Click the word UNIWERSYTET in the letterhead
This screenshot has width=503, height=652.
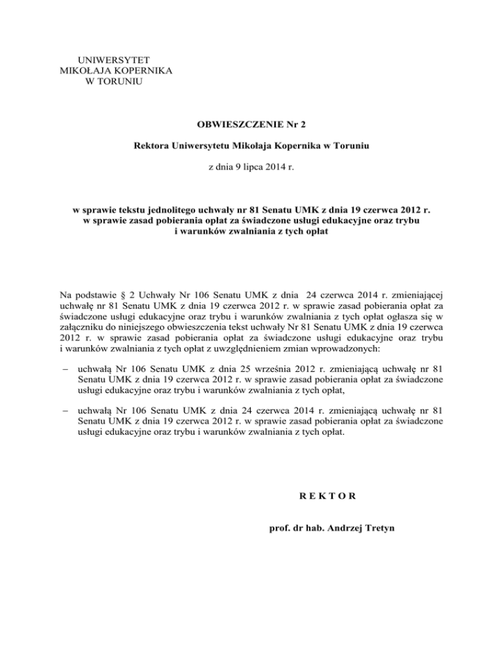tap(109, 60)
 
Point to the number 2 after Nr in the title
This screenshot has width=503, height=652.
tap(285, 123)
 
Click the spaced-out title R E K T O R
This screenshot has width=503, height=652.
tap(324, 496)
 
